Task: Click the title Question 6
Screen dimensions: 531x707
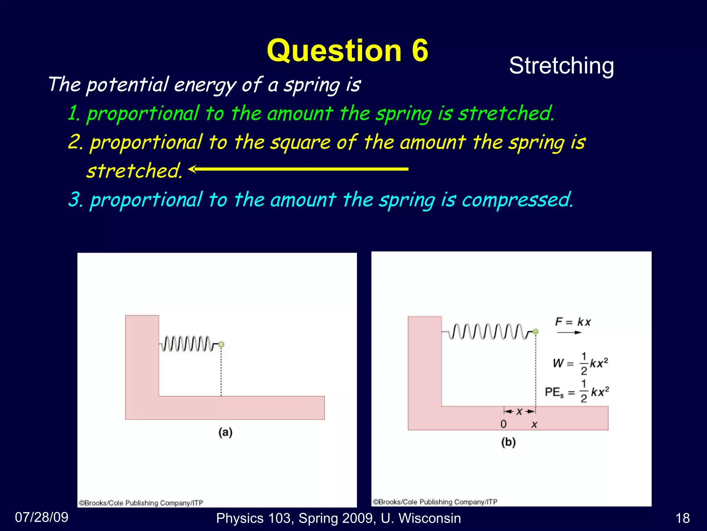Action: [347, 50]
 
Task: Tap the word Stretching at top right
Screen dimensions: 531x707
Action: [561, 66]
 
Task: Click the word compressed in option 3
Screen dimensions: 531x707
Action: [517, 200]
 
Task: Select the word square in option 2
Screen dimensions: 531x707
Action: [300, 142]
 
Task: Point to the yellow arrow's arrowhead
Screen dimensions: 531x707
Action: [192, 169]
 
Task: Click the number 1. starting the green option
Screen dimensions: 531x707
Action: [74, 113]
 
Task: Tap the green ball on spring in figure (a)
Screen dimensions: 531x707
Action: [221, 344]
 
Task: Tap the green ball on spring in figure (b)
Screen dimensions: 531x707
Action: [535, 332]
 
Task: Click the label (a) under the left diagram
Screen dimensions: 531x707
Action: [225, 432]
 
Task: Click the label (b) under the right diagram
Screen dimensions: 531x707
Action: [508, 442]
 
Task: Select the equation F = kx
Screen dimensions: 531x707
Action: [573, 322]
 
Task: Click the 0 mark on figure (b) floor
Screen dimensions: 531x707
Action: [504, 424]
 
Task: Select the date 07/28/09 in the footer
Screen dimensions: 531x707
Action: [42, 517]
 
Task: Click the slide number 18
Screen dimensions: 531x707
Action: [682, 518]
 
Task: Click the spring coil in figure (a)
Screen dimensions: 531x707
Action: [186, 344]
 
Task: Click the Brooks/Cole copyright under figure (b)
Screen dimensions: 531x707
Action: [435, 502]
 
